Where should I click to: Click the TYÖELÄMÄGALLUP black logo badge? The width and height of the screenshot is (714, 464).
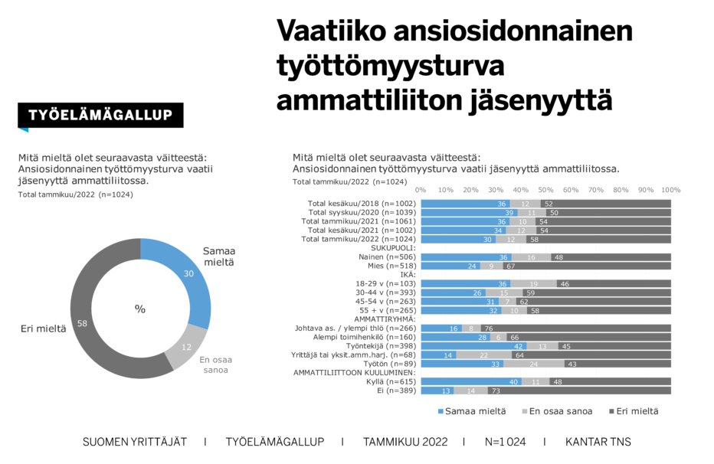[100, 116]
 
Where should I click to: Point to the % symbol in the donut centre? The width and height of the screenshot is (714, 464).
[140, 309]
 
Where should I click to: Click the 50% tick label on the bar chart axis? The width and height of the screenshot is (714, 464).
[545, 191]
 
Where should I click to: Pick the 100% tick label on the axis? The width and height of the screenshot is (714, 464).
[670, 191]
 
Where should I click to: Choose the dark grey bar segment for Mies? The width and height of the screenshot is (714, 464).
[588, 266]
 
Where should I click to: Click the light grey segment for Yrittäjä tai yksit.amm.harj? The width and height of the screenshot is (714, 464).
[483, 355]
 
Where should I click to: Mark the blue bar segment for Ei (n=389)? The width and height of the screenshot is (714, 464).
[437, 390]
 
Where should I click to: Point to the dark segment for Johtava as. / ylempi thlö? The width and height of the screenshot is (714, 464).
[576, 328]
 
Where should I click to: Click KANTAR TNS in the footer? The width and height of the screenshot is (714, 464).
[598, 442]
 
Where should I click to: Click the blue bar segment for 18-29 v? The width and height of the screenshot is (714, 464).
[466, 283]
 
